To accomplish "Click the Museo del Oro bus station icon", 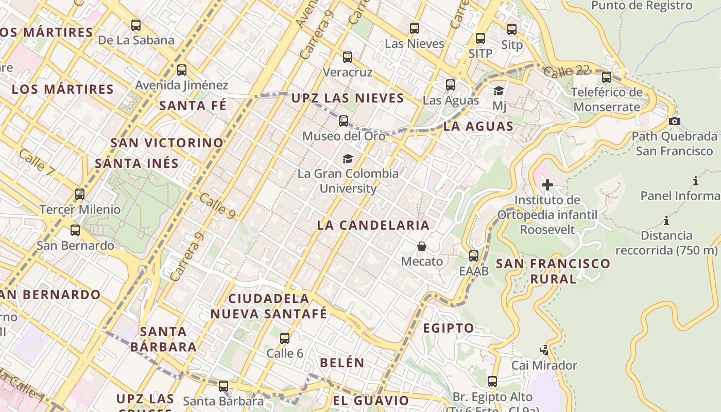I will [x=344, y=122].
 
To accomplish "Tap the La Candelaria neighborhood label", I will [x=373, y=225].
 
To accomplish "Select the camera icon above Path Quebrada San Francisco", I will [x=674, y=122].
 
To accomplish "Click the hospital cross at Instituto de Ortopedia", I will [x=547, y=185].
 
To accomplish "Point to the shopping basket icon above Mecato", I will [x=422, y=247].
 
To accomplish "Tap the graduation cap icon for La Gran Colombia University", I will [x=348, y=159].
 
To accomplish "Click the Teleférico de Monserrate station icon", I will [x=607, y=77].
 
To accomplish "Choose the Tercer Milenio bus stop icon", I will [x=80, y=194].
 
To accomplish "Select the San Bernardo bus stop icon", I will [x=75, y=230].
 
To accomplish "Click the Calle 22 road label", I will [x=565, y=71].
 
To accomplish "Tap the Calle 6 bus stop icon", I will [x=285, y=338].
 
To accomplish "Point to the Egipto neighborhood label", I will [x=448, y=328].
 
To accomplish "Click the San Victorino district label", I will [x=167, y=143].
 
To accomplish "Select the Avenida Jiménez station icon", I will [x=182, y=70].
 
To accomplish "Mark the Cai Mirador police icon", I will [x=544, y=351].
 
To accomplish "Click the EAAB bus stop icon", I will [x=474, y=255].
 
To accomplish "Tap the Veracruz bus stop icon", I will [x=348, y=57].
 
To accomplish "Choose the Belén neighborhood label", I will [x=342, y=363].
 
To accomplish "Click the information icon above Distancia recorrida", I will [x=666, y=221].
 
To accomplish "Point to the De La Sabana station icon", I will [x=136, y=25].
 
